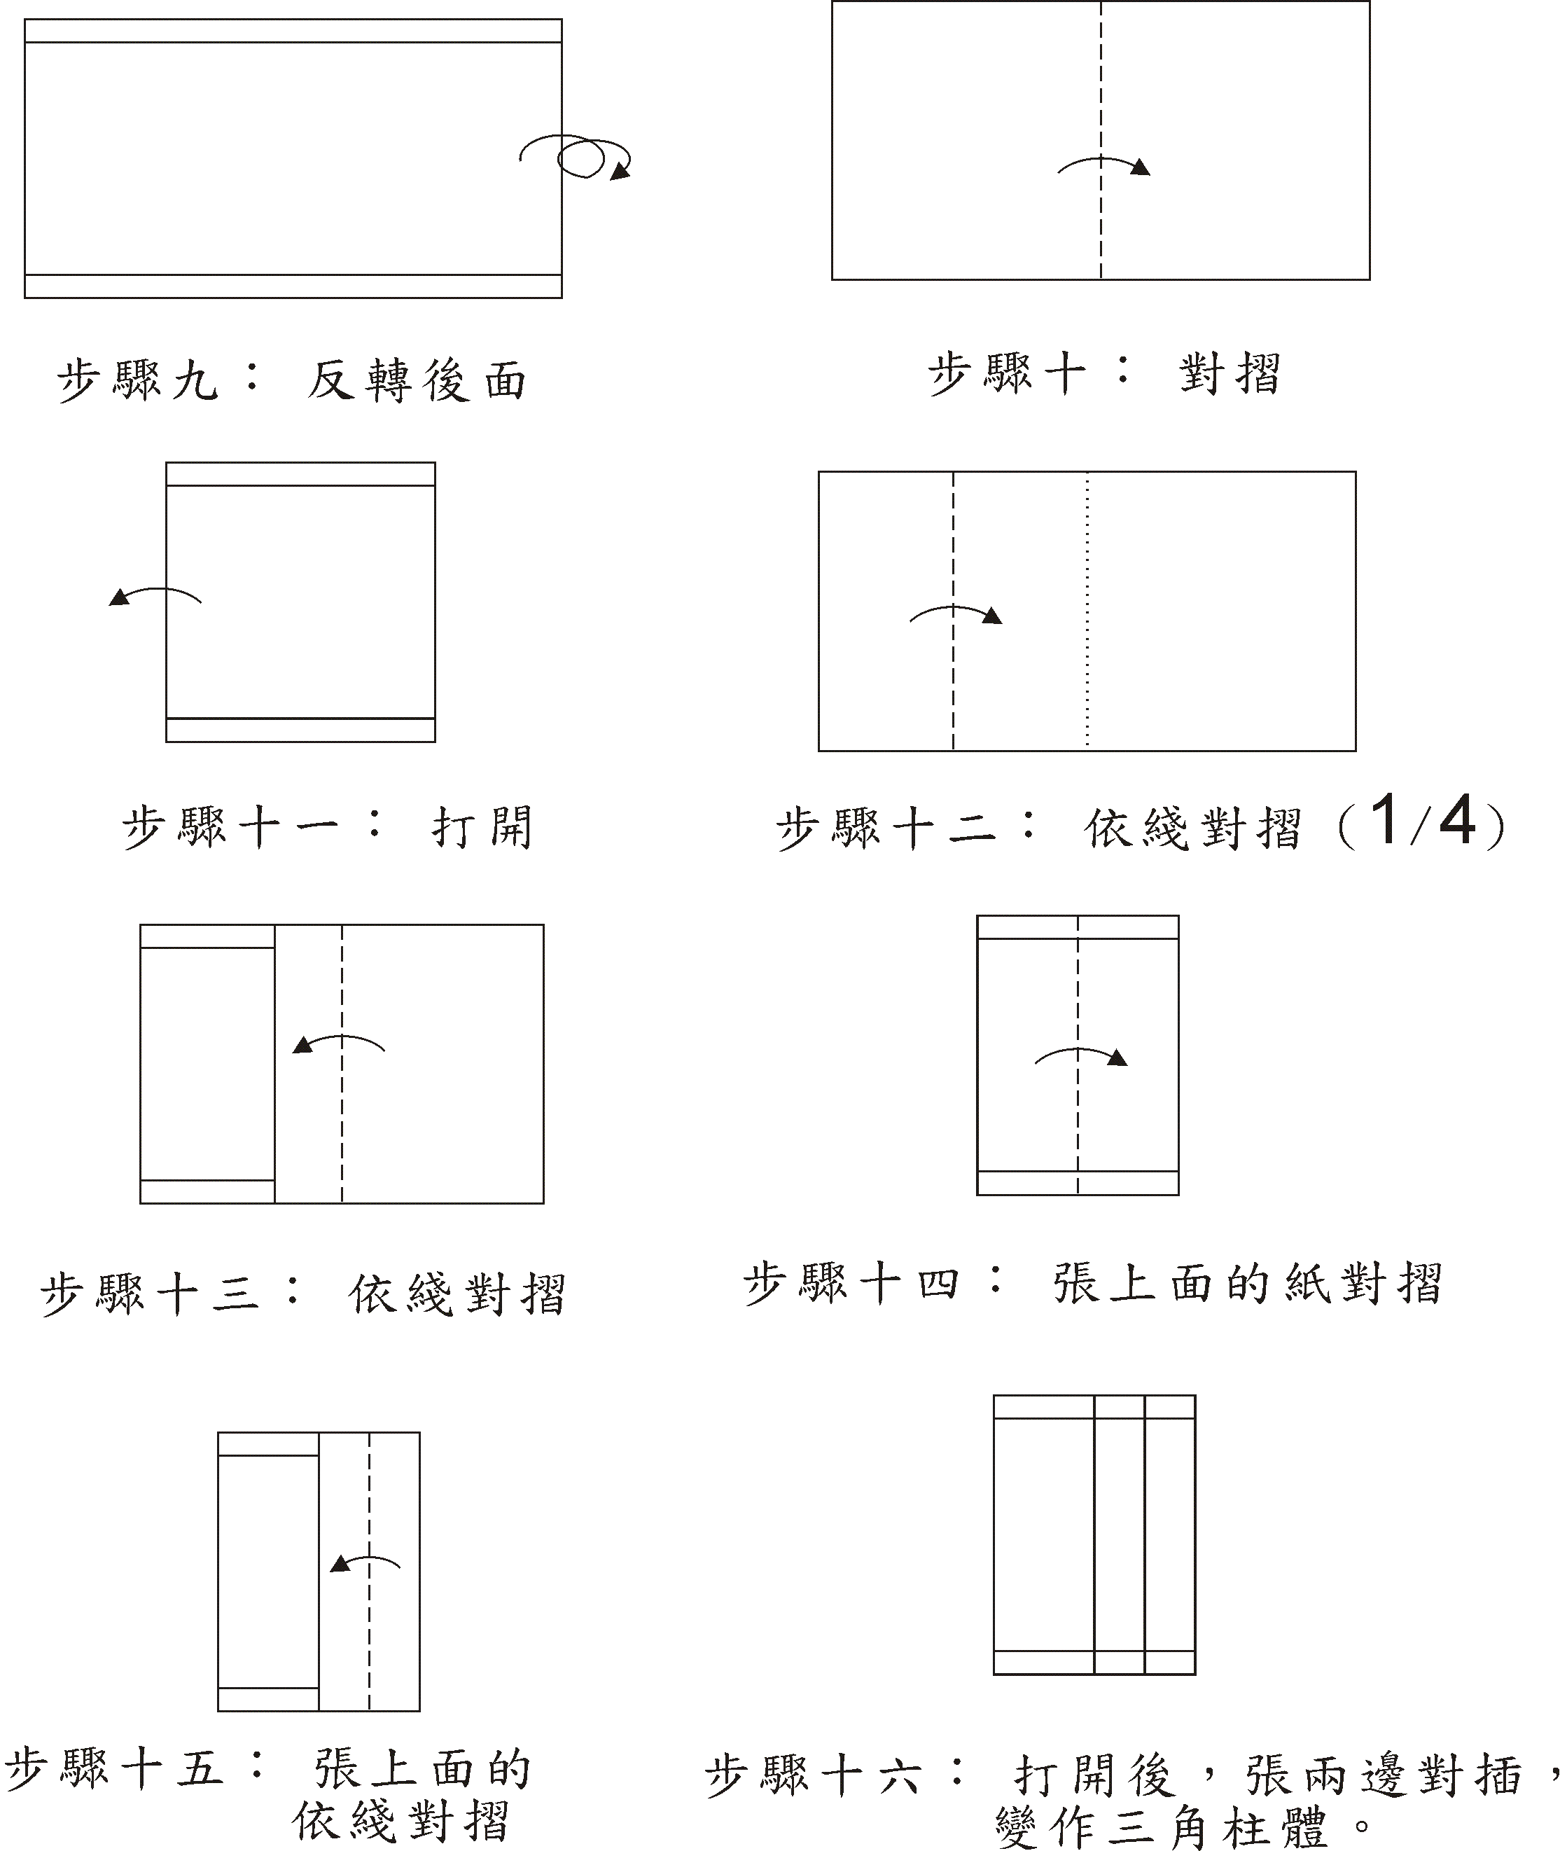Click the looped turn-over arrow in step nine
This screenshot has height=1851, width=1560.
click(x=579, y=157)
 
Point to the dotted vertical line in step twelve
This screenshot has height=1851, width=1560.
click(x=1087, y=672)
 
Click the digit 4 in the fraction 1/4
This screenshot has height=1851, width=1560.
click(x=1457, y=820)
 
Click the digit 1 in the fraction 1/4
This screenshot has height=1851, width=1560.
click(x=1385, y=820)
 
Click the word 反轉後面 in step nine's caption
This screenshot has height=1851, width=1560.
click(x=417, y=381)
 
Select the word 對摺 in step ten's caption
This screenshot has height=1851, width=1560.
click(x=1230, y=373)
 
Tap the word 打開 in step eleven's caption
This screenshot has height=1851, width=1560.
click(x=482, y=828)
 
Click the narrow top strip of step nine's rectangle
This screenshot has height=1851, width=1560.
click(x=293, y=31)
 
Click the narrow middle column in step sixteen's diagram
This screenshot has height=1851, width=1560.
click(x=1120, y=1539)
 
